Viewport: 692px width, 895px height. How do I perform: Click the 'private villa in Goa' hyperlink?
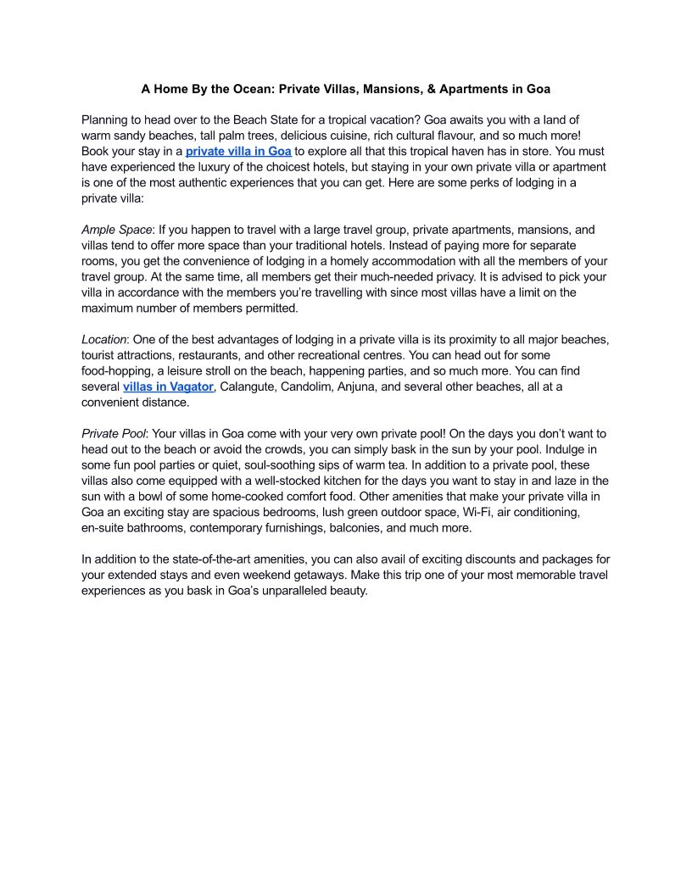point(238,152)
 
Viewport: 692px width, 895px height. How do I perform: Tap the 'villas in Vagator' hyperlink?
point(168,387)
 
